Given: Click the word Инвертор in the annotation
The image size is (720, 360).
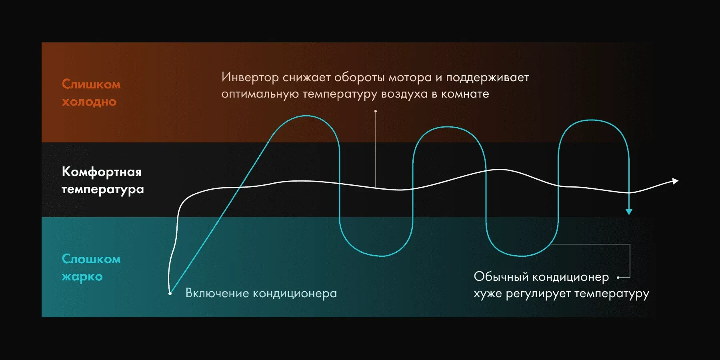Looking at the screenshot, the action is pyautogui.click(x=250, y=77).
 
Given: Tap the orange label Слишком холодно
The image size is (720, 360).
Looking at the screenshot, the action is pyautogui.click(x=91, y=93).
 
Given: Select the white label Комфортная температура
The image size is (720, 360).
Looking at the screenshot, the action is pyautogui.click(x=103, y=180).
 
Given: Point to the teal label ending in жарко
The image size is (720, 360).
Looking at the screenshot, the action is pyautogui.click(x=91, y=268).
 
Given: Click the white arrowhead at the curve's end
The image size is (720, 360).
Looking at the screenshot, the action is pyautogui.click(x=676, y=181).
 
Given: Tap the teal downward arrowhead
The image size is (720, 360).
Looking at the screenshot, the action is pyautogui.click(x=629, y=212).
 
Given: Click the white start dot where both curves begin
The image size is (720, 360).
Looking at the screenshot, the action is pyautogui.click(x=170, y=294).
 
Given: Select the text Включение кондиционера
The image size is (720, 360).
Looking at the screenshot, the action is pyautogui.click(x=261, y=293).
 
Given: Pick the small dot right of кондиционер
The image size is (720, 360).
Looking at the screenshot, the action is pyautogui.click(x=618, y=277).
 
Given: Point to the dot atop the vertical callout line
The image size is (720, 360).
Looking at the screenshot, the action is pyautogui.click(x=376, y=111).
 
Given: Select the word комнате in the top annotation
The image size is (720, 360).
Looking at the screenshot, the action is pyautogui.click(x=465, y=94).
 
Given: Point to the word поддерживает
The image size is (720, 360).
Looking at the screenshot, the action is pyautogui.click(x=488, y=78).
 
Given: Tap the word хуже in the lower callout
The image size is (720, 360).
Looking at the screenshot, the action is pyautogui.click(x=488, y=294).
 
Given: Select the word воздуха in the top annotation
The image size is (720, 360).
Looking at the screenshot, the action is pyautogui.click(x=404, y=94).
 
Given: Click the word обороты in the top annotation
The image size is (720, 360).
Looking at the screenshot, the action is pyautogui.click(x=359, y=77).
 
